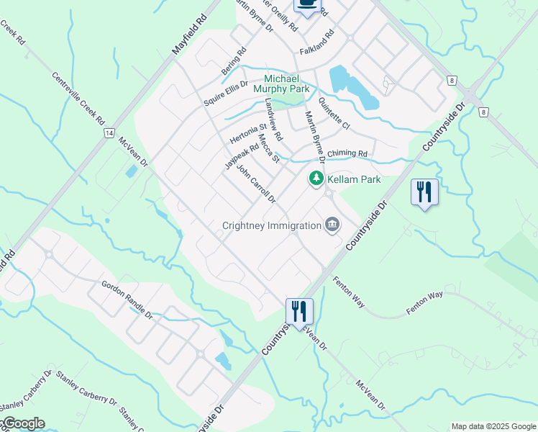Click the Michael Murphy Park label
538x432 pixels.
click(x=287, y=84)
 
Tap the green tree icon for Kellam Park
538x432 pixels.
click(x=316, y=179)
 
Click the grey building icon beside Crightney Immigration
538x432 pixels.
click(x=332, y=225)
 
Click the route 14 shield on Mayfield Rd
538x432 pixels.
click(x=109, y=133)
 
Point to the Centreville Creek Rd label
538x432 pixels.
click(x=78, y=100)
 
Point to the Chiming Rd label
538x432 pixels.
click(x=347, y=154)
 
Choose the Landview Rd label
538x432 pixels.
click(x=273, y=120)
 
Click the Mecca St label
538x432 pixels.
click(x=268, y=149)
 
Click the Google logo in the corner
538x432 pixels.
click(x=23, y=423)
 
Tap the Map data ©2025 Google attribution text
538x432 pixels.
click(x=493, y=426)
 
